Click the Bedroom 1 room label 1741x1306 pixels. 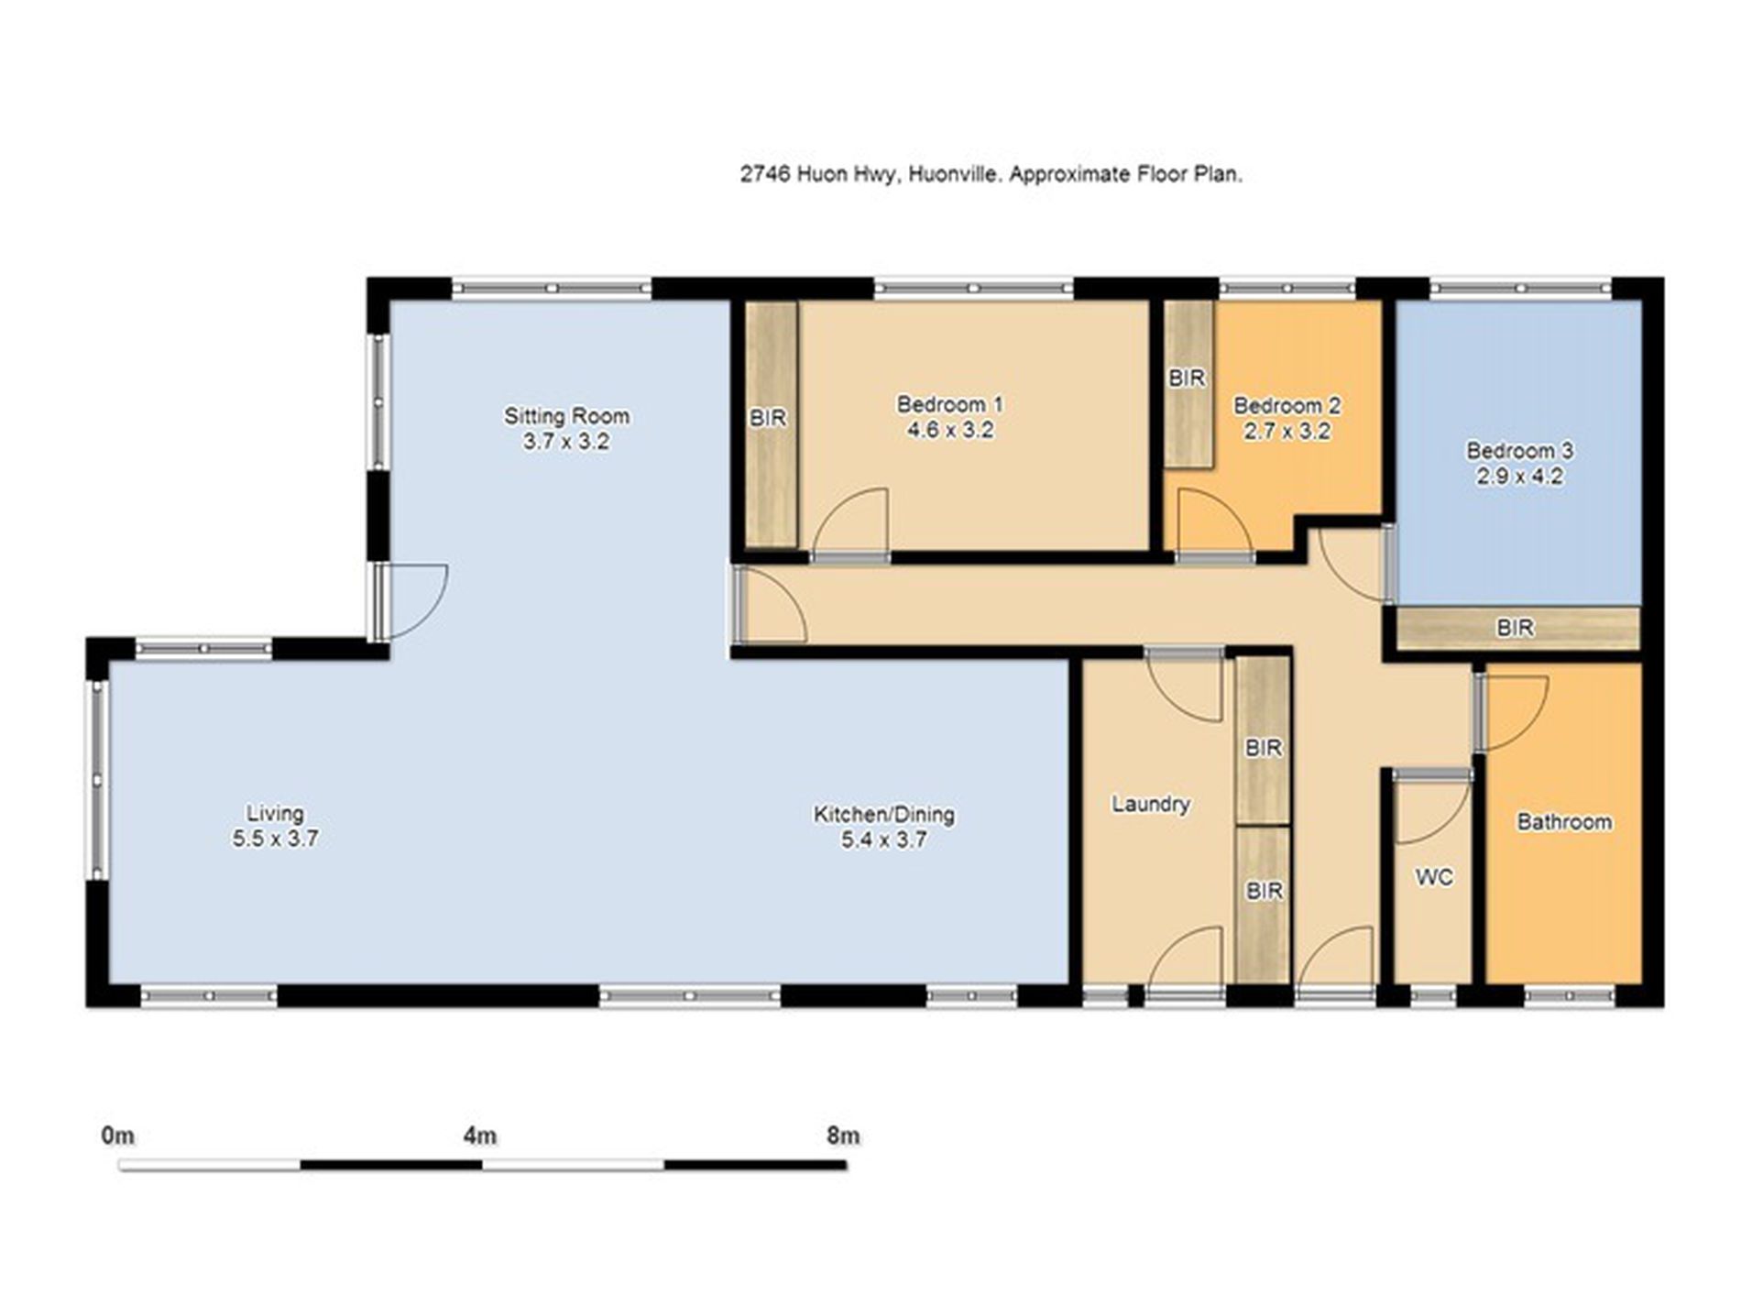(949, 404)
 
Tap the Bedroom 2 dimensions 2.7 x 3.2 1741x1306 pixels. (1287, 431)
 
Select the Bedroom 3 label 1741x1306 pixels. (1519, 451)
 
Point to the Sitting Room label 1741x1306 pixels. (566, 416)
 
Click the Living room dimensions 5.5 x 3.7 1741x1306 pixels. (275, 839)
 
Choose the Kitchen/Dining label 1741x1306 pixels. (884, 814)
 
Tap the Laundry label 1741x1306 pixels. (1151, 804)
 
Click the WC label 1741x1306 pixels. (1434, 877)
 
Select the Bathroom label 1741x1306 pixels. (1564, 822)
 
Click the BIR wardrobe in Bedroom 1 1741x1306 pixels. (770, 423)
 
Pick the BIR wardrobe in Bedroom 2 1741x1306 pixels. (1188, 384)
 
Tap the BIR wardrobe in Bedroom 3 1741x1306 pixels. (1517, 628)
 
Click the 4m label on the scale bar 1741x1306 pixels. (480, 1136)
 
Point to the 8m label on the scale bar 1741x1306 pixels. (843, 1136)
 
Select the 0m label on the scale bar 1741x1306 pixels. (118, 1136)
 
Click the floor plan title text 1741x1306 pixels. (991, 174)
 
